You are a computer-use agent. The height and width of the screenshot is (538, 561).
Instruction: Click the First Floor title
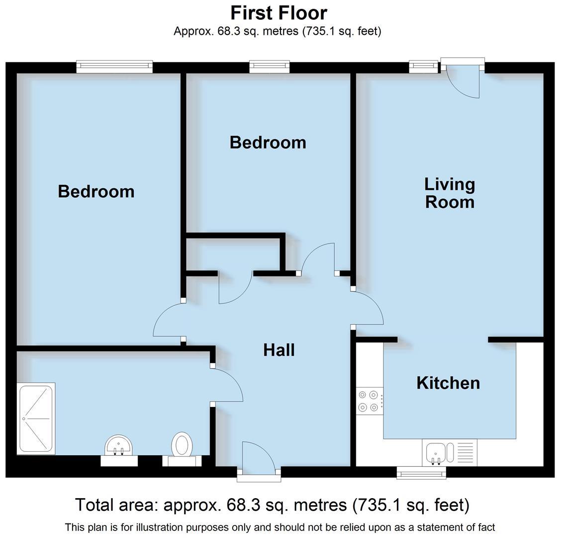click(x=279, y=12)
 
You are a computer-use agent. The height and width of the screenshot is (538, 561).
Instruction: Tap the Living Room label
click(x=450, y=193)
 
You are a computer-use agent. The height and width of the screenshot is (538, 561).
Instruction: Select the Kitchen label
click(x=448, y=383)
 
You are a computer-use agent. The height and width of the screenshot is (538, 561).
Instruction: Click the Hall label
click(x=279, y=350)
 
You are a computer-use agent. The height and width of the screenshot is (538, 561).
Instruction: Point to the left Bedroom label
click(x=96, y=191)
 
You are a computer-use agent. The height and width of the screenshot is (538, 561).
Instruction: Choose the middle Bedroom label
click(x=268, y=142)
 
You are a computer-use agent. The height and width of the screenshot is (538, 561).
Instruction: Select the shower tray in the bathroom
click(x=36, y=418)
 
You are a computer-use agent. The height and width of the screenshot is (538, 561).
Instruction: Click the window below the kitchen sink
click(x=421, y=473)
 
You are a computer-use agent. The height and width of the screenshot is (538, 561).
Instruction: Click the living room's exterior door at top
click(x=463, y=75)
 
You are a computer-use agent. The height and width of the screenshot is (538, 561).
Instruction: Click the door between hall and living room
click(x=368, y=309)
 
